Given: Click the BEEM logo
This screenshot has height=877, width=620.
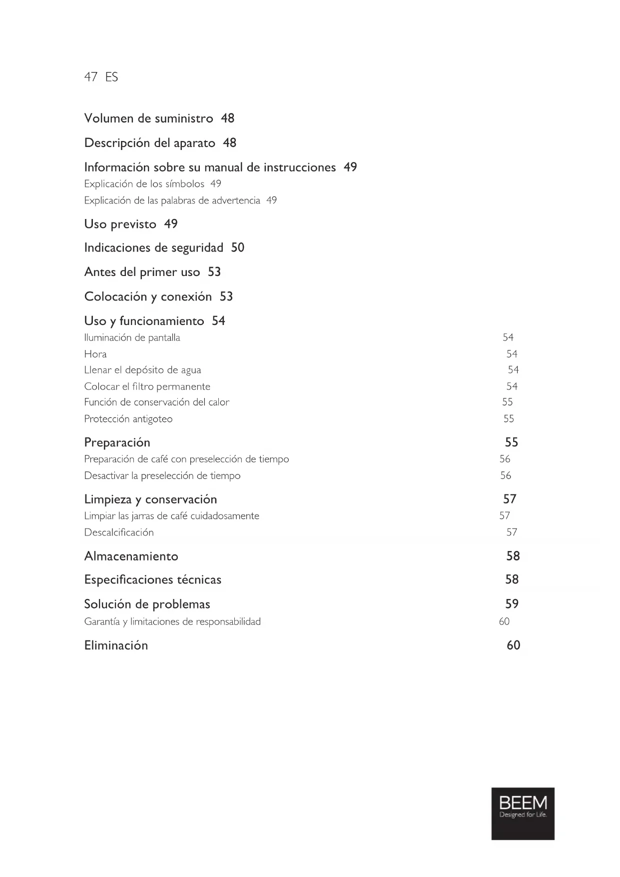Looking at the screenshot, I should (x=523, y=813).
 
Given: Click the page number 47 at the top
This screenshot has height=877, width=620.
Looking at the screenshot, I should (x=90, y=77).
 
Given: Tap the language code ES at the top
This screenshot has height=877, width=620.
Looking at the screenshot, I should (x=112, y=77).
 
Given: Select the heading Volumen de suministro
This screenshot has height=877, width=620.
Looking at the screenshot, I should (x=148, y=118).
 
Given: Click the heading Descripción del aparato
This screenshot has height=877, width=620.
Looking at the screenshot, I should (x=149, y=143).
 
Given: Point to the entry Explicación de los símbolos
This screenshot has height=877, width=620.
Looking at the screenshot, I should (x=144, y=184).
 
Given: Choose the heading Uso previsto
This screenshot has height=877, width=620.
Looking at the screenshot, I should (x=120, y=224).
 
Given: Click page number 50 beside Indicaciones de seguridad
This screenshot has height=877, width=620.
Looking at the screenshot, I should (x=237, y=247).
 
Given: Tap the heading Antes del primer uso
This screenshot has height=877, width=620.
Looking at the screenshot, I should (x=142, y=272).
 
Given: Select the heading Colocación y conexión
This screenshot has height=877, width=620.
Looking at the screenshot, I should (x=148, y=296).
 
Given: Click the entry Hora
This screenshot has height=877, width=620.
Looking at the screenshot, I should (x=95, y=354).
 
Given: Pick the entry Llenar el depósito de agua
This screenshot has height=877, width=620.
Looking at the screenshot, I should (x=142, y=370).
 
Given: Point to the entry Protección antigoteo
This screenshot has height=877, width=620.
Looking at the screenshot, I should (x=128, y=419).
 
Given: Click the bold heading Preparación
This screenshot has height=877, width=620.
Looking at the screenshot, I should (x=117, y=442).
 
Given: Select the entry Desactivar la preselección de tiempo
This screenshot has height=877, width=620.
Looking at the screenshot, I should (x=162, y=475).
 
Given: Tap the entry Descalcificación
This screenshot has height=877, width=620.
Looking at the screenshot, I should (x=119, y=532).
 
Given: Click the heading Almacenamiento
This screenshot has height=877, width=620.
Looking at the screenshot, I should (x=131, y=556).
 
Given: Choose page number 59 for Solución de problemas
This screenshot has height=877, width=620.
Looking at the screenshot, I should (x=512, y=604).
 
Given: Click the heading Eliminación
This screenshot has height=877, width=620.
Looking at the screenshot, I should (x=116, y=645).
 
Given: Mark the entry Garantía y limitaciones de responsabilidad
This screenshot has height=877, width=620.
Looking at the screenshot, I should (x=172, y=621).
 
